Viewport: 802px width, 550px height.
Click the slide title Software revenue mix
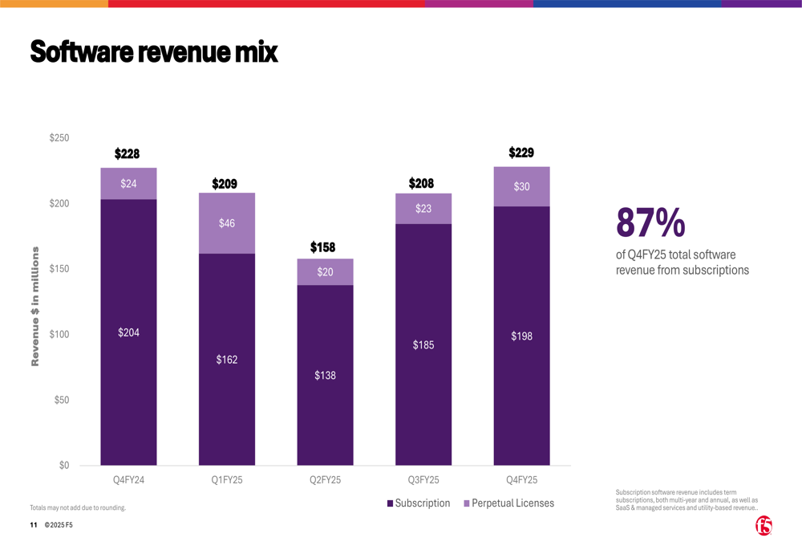[153, 52]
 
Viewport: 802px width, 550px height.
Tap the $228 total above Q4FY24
[127, 153]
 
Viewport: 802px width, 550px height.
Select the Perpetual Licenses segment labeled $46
[227, 223]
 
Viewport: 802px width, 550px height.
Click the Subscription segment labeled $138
[325, 375]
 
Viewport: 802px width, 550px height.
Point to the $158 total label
[322, 247]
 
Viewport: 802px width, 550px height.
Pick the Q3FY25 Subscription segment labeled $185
[423, 345]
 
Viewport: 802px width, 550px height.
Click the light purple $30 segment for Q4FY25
[521, 186]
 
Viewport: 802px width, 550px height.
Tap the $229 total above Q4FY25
[521, 153]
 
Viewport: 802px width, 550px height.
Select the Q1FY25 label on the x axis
[227, 480]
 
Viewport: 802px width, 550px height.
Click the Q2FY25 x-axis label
[325, 480]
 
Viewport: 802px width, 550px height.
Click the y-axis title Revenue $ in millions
[35, 307]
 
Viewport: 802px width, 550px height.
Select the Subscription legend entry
[418, 503]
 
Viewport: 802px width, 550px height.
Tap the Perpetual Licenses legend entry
[508, 503]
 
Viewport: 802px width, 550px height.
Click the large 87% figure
[650, 222]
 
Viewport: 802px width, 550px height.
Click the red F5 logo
[764, 526]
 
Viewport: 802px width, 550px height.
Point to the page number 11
[34, 525]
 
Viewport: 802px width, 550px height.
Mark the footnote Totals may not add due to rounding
[78, 507]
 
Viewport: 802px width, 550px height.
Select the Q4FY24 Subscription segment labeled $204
[128, 332]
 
